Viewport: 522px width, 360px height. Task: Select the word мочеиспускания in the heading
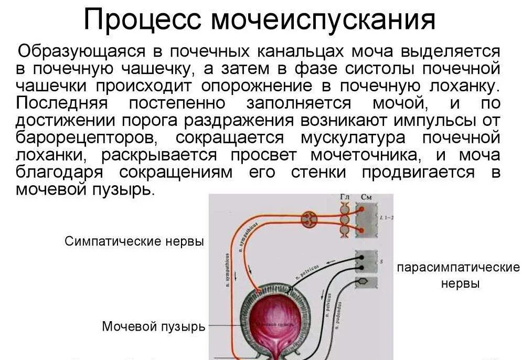(x=323, y=20)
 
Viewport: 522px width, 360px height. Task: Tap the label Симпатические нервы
(x=134, y=242)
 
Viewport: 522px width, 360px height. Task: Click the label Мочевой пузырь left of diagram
(x=153, y=327)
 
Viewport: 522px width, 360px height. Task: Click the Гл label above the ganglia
(x=344, y=197)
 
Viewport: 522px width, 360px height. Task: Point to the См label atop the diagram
(x=366, y=197)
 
